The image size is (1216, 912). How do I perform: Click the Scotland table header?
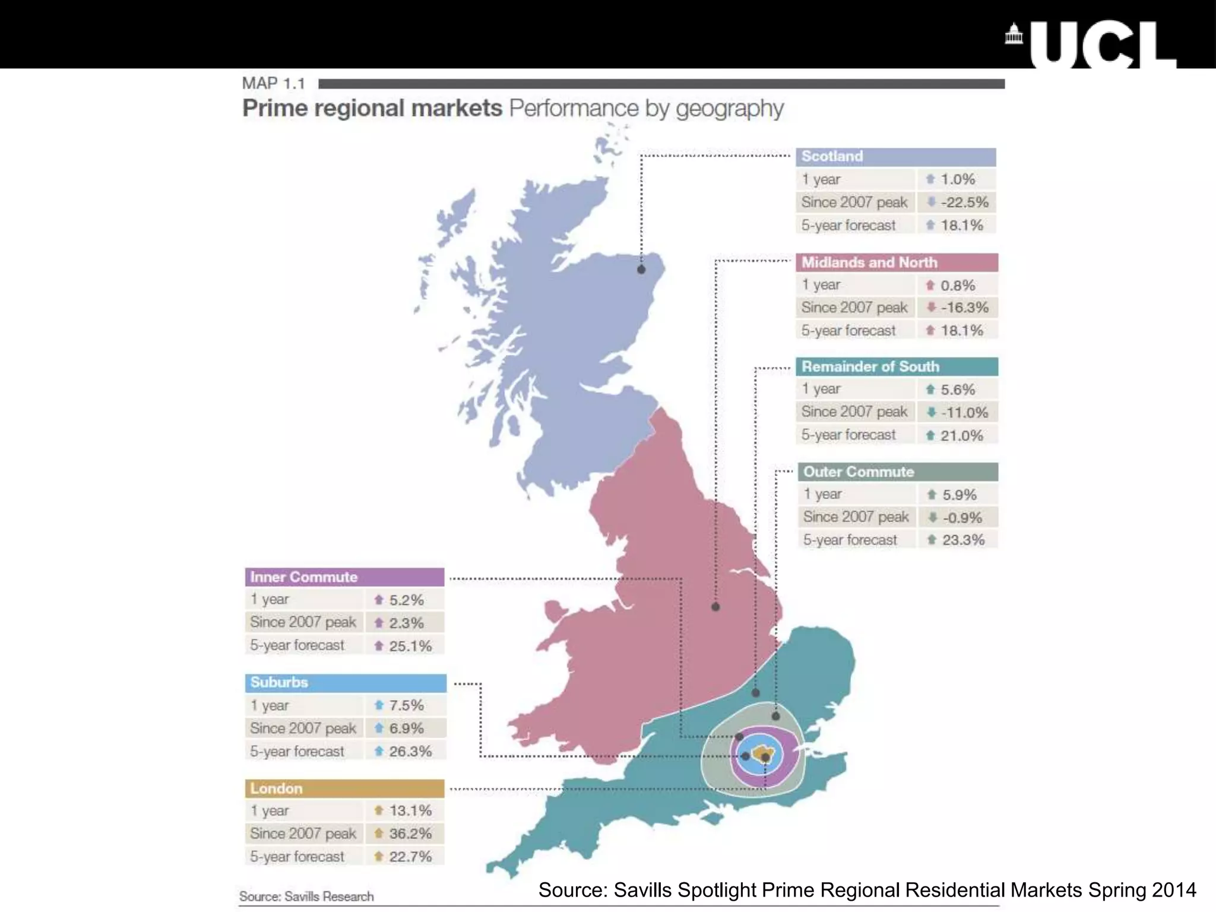pyautogui.click(x=895, y=157)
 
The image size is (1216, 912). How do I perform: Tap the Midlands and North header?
pyautogui.click(x=897, y=262)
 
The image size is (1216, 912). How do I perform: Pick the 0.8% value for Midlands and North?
pyautogui.click(x=957, y=286)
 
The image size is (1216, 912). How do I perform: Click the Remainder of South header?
pyautogui.click(x=897, y=367)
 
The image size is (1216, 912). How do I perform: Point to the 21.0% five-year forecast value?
pyautogui.click(x=961, y=436)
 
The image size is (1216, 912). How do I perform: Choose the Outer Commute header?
pyautogui.click(x=898, y=472)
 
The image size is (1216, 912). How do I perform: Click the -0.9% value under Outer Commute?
pyautogui.click(x=962, y=518)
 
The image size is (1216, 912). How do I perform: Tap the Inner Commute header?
pyautogui.click(x=344, y=577)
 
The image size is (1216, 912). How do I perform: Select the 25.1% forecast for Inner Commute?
pyautogui.click(x=410, y=646)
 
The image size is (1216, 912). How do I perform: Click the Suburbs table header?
pyautogui.click(x=346, y=683)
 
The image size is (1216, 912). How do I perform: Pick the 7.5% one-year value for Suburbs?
pyautogui.click(x=406, y=705)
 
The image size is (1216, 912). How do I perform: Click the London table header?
pyautogui.click(x=344, y=788)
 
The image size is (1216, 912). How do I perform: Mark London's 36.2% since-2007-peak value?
pyautogui.click(x=410, y=834)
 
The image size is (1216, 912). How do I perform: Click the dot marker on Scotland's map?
pyautogui.click(x=641, y=270)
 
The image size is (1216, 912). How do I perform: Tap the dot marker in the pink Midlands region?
pyautogui.click(x=715, y=607)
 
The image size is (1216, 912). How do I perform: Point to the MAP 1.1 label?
pyautogui.click(x=273, y=84)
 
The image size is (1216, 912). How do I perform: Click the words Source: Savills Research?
pyautogui.click(x=306, y=897)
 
